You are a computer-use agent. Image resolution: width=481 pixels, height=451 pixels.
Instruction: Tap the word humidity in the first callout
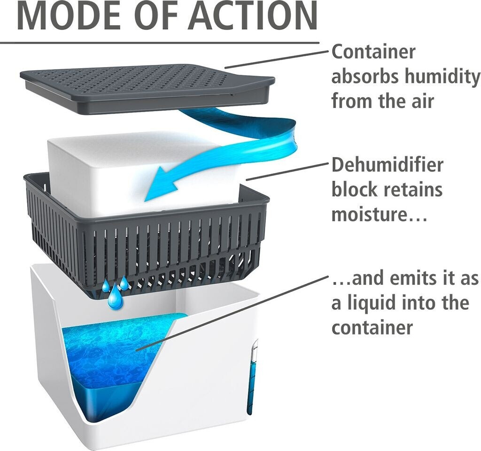442,76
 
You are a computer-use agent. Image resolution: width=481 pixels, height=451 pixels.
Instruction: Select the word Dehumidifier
387,165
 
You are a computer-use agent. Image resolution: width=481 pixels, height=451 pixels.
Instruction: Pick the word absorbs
365,76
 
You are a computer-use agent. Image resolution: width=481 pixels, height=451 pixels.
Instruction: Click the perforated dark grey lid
147,87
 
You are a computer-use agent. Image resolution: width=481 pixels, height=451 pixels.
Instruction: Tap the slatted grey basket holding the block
147,236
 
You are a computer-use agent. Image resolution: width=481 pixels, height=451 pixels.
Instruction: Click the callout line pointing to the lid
277,59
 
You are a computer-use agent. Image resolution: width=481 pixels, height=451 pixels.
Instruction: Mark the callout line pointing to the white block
288,172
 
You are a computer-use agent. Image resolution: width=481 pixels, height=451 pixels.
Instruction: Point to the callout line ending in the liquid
233,312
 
